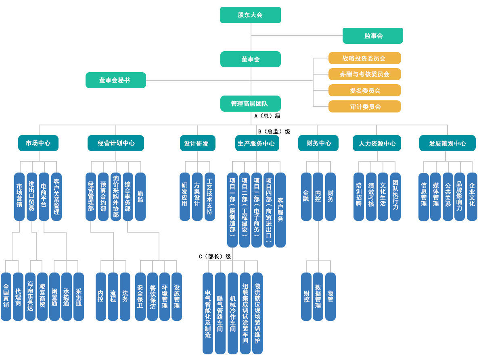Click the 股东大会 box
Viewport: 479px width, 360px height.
point(250,15)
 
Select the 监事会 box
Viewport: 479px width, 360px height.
point(372,36)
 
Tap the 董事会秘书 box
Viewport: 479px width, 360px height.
point(115,80)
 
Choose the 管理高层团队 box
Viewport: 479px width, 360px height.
point(250,104)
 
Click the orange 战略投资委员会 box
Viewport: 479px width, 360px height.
point(364,58)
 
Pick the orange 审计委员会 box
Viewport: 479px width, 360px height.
point(364,106)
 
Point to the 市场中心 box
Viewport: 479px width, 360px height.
point(38,143)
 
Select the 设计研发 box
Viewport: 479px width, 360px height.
point(197,143)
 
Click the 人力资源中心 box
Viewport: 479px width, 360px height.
point(377,143)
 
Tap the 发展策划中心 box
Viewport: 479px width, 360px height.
point(447,143)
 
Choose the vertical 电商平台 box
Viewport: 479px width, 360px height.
point(44,197)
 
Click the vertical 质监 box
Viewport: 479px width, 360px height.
point(140,197)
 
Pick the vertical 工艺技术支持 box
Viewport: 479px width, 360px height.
point(209,197)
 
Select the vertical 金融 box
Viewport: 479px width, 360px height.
point(306,197)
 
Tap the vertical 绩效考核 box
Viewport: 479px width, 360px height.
point(371,197)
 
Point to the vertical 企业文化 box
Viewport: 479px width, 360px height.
point(472,197)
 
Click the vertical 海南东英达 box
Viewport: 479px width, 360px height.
point(30,296)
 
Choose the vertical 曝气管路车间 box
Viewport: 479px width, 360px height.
point(220,313)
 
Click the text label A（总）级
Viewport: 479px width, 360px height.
point(267,116)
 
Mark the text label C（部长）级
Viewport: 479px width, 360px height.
point(215,256)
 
